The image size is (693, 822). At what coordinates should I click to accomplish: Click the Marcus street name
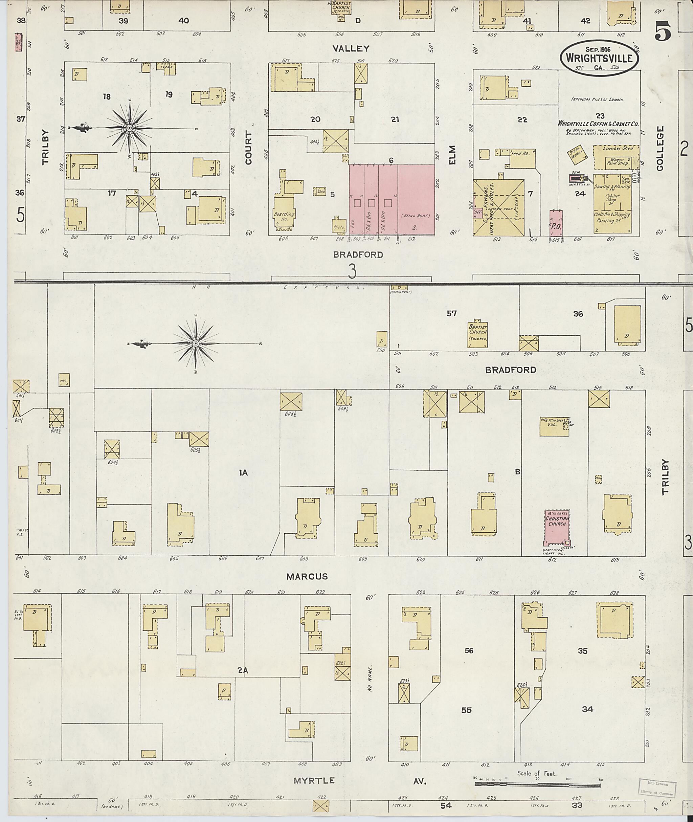(x=307, y=577)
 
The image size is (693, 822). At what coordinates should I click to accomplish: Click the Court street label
(x=249, y=148)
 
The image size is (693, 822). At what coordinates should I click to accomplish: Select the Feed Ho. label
(x=520, y=153)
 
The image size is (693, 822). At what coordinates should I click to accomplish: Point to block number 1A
(x=243, y=473)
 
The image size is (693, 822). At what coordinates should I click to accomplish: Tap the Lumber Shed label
(x=614, y=149)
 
